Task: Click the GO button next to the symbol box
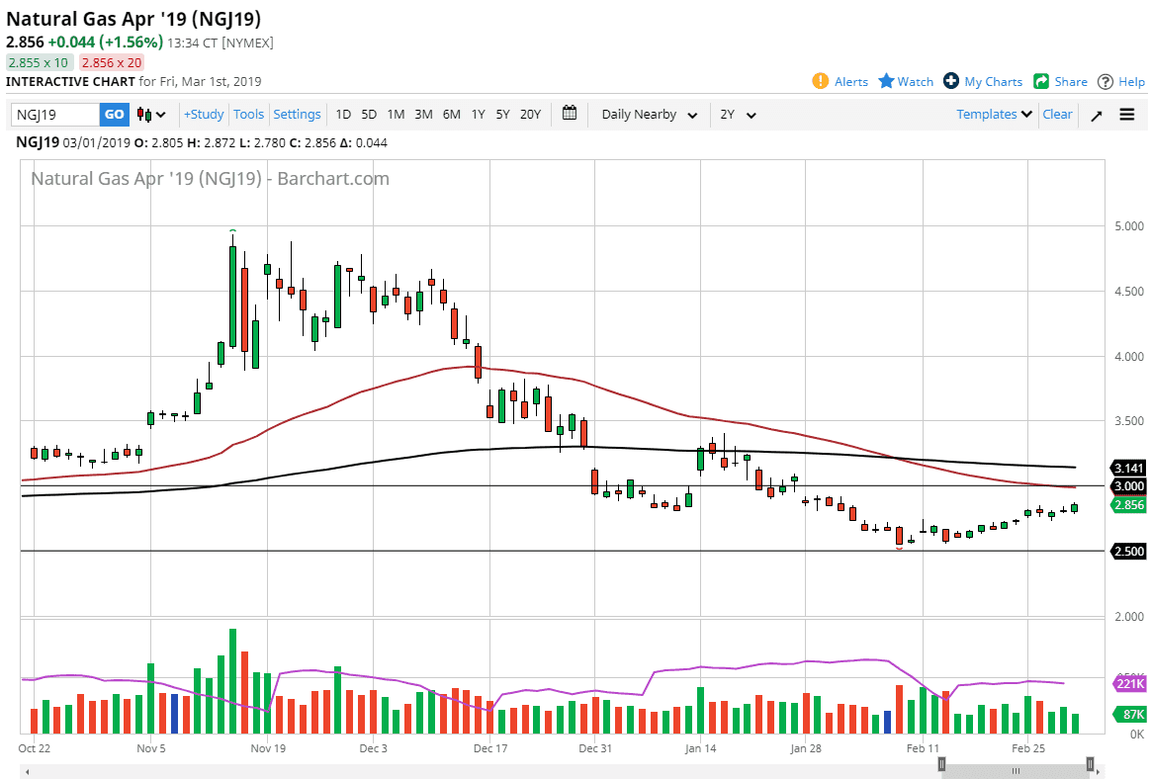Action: pyautogui.click(x=115, y=115)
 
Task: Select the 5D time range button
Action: pyautogui.click(x=369, y=115)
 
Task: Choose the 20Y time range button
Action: pyautogui.click(x=530, y=115)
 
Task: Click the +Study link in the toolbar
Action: pyautogui.click(x=204, y=115)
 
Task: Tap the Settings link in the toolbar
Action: pyautogui.click(x=297, y=115)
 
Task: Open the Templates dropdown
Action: pyautogui.click(x=994, y=115)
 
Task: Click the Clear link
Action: pyautogui.click(x=1057, y=115)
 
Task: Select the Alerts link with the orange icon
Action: pyautogui.click(x=840, y=82)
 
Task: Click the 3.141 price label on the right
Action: pyautogui.click(x=1128, y=468)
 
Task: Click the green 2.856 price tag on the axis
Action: pyautogui.click(x=1128, y=505)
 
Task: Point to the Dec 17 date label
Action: pyautogui.click(x=490, y=748)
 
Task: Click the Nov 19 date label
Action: pyautogui.click(x=267, y=748)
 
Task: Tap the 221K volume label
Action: pyautogui.click(x=1129, y=684)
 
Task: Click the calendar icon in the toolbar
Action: pyautogui.click(x=570, y=114)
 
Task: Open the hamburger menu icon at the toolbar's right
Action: pyautogui.click(x=1127, y=115)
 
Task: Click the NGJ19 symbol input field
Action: pyautogui.click(x=55, y=115)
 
